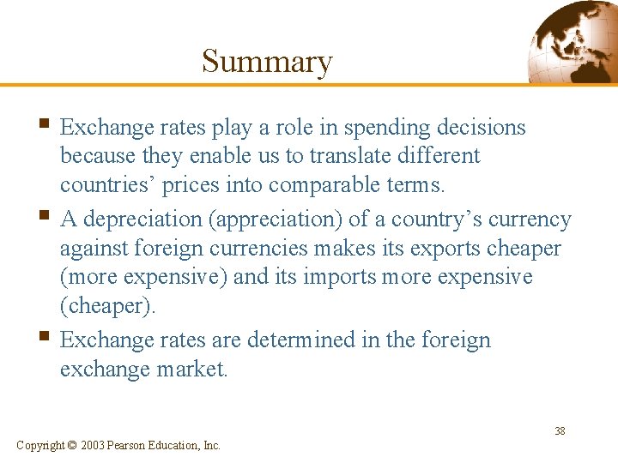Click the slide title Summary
[266, 62]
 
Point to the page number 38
[560, 431]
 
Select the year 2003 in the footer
[93, 445]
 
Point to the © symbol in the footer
[72, 445]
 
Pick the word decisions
[482, 128]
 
